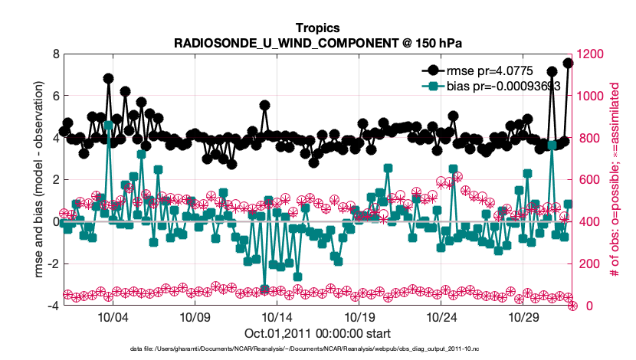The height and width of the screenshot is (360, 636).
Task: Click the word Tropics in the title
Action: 318,28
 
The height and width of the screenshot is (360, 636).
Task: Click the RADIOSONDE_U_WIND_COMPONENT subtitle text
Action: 318,42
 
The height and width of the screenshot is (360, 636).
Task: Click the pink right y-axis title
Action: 615,180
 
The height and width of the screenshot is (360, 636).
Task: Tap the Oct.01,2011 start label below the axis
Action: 318,333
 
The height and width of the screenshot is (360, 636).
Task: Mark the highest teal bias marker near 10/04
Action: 108,125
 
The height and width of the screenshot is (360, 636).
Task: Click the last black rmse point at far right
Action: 568,63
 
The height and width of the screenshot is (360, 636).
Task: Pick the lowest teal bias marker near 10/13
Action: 264,289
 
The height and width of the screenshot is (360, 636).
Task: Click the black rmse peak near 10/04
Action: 108,78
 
